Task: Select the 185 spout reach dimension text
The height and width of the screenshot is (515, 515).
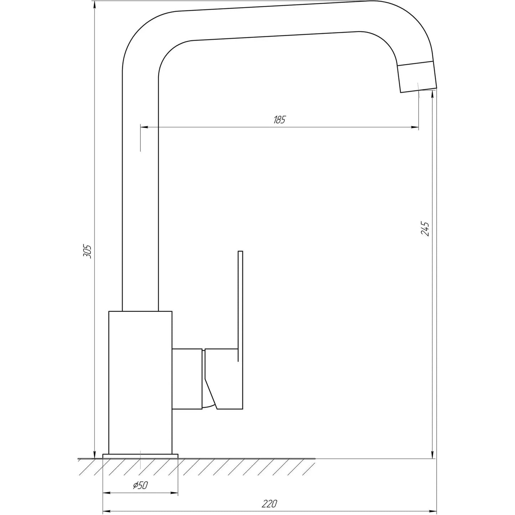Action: [x=279, y=120]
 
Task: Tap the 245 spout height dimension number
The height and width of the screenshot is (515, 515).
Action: [x=425, y=228]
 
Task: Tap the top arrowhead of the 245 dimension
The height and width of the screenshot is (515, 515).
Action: [x=432, y=94]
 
